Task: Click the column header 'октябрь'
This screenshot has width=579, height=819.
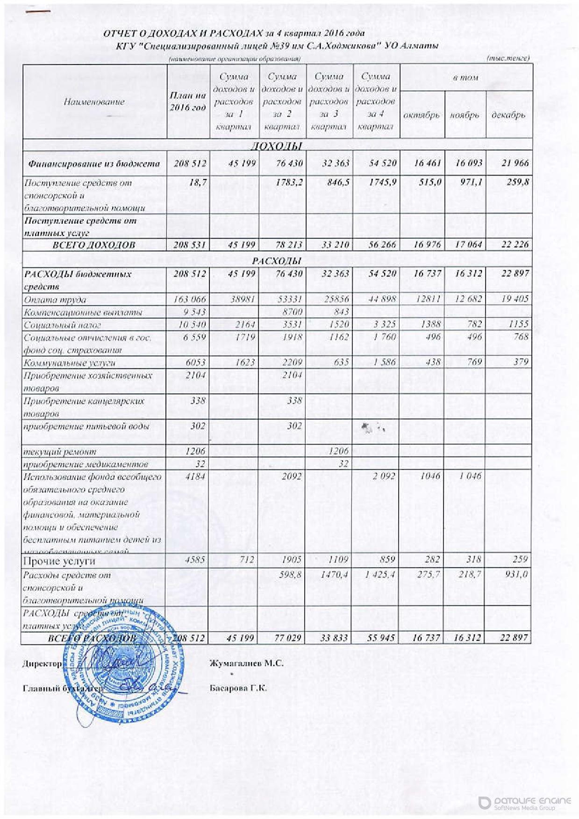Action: pyautogui.click(x=421, y=115)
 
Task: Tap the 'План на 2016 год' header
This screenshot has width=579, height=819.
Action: pyautogui.click(x=187, y=101)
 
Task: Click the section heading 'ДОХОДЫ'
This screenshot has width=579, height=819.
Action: pyautogui.click(x=277, y=146)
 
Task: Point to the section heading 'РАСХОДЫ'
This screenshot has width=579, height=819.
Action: pyautogui.click(x=277, y=260)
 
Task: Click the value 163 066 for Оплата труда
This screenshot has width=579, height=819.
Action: pyautogui.click(x=190, y=299)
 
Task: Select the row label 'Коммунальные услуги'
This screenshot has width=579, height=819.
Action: pyautogui.click(x=70, y=363)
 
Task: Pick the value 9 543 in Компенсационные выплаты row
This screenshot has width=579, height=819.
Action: pyautogui.click(x=193, y=312)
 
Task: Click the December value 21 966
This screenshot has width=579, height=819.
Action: pyautogui.click(x=515, y=163)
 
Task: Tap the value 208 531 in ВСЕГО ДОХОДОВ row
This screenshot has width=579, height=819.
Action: pyautogui.click(x=190, y=245)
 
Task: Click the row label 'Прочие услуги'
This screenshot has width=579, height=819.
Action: pyautogui.click(x=59, y=561)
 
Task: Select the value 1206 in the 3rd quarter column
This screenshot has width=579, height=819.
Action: pyautogui.click(x=339, y=451)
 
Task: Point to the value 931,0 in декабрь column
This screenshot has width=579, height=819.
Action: pyautogui.click(x=516, y=575)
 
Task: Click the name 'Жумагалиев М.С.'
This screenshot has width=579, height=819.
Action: pyautogui.click(x=247, y=663)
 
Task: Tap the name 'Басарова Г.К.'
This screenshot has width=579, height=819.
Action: pyautogui.click(x=238, y=688)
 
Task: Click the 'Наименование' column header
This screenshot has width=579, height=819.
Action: pyautogui.click(x=94, y=102)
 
